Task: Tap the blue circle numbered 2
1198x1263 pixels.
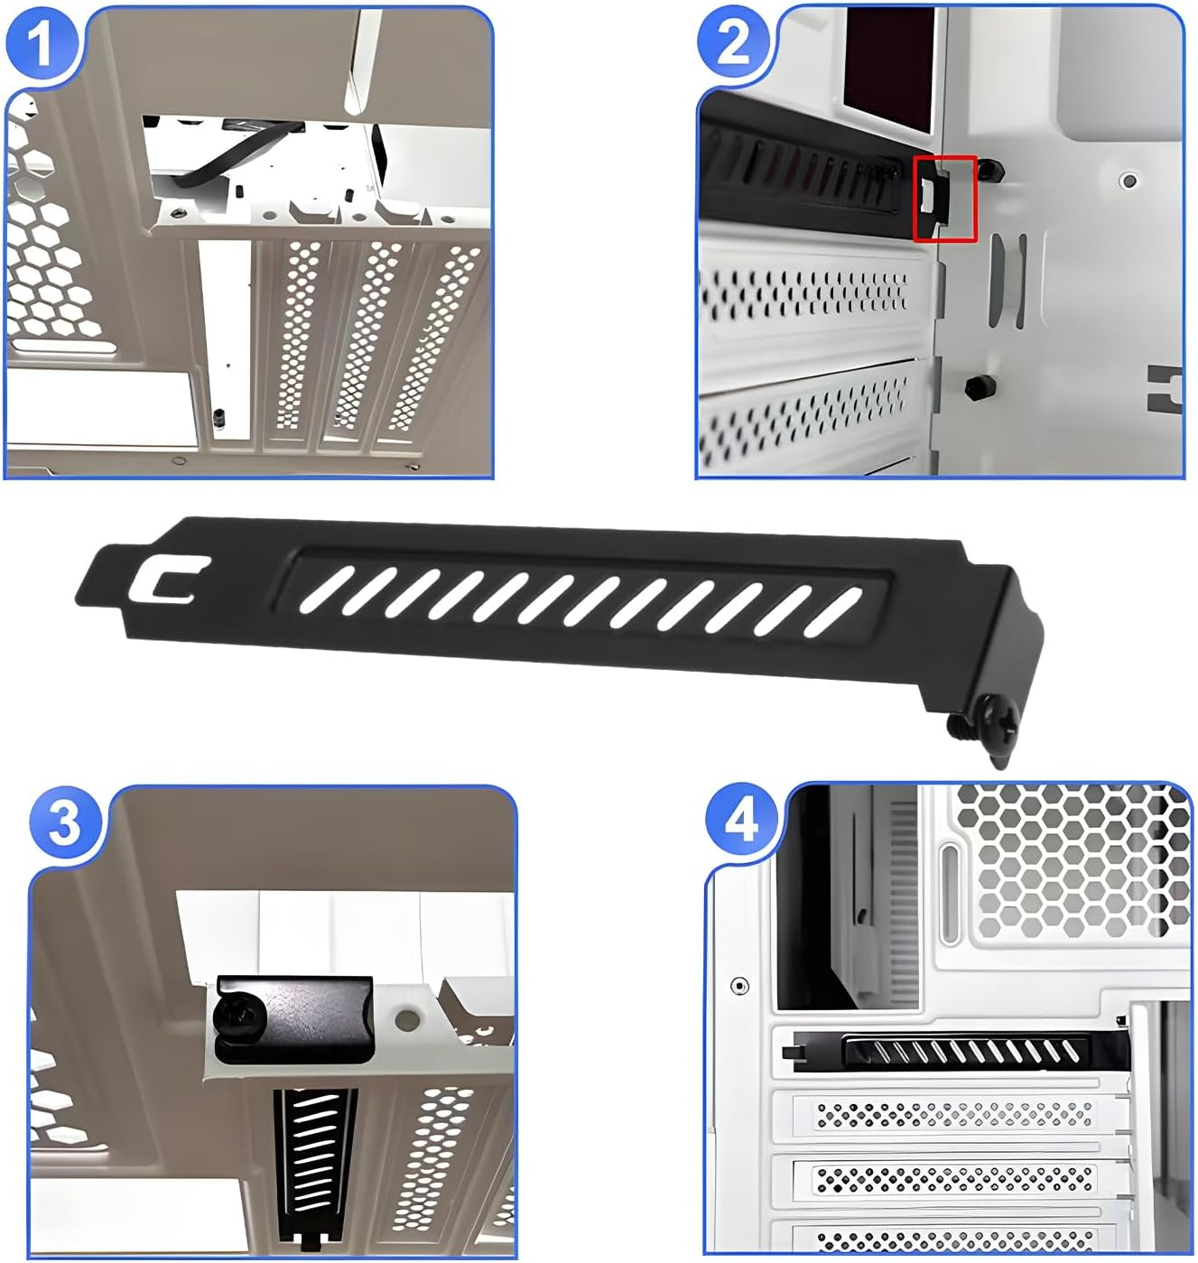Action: (x=732, y=42)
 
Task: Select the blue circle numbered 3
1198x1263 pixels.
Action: (x=65, y=823)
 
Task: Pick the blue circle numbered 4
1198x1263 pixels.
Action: (x=741, y=822)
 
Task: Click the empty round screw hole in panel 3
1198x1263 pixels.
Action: (x=407, y=1021)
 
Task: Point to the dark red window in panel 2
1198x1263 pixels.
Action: (x=888, y=58)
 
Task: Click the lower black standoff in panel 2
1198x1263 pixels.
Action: (x=976, y=387)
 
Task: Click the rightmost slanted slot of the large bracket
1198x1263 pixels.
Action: (x=836, y=611)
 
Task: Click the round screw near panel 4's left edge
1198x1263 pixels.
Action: (x=739, y=985)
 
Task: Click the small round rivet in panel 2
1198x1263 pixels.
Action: (x=1128, y=181)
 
